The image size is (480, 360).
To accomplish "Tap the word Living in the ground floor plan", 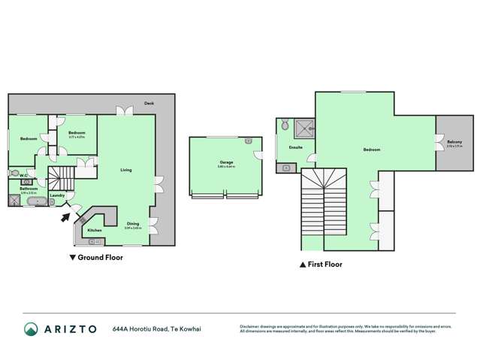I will coord(126,170).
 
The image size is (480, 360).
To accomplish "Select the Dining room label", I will coord(132,222).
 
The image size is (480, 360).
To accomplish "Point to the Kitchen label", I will coord(95,230).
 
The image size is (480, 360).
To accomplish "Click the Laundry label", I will coord(57,195).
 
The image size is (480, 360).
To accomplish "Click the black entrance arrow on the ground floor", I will coord(66,218).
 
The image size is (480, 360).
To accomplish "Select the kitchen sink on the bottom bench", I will coord(95,241).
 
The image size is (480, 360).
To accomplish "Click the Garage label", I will coord(226,162).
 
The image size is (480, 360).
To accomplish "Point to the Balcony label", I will coord(454,143).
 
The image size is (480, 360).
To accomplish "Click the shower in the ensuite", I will coord(303,128).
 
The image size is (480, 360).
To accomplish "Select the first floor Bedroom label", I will coord(372,150).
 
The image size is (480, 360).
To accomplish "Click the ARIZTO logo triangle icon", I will coord(32,329).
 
